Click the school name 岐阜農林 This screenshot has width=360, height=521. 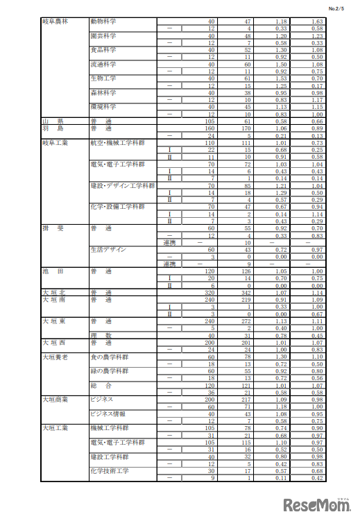[55, 22]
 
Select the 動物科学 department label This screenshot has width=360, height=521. [103, 22]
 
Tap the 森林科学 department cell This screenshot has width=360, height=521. [103, 92]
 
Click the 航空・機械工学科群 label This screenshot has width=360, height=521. [117, 142]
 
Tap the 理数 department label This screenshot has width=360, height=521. [101, 335]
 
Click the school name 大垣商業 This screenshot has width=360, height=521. [55, 400]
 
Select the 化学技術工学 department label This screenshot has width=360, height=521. [110, 470]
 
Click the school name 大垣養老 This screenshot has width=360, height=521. [55, 357]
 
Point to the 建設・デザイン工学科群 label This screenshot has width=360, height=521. [121, 185]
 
